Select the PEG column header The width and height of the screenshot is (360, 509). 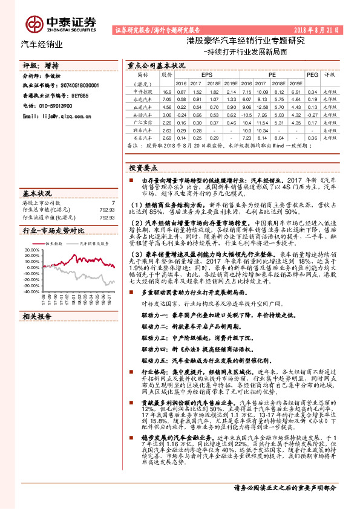tap(312, 75)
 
